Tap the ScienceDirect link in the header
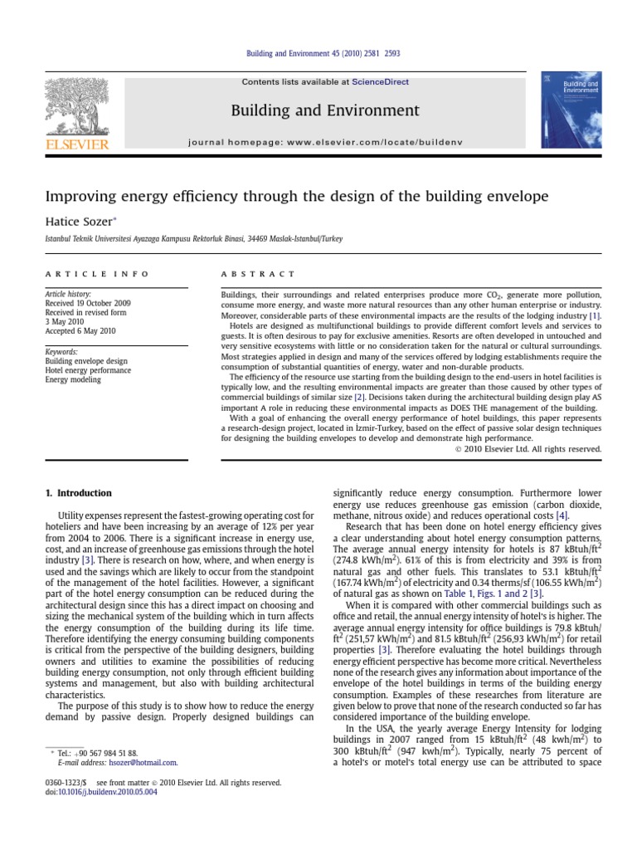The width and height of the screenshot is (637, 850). click(380, 82)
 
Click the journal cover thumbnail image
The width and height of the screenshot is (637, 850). click(570, 110)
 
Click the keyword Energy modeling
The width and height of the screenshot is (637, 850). click(73, 379)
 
